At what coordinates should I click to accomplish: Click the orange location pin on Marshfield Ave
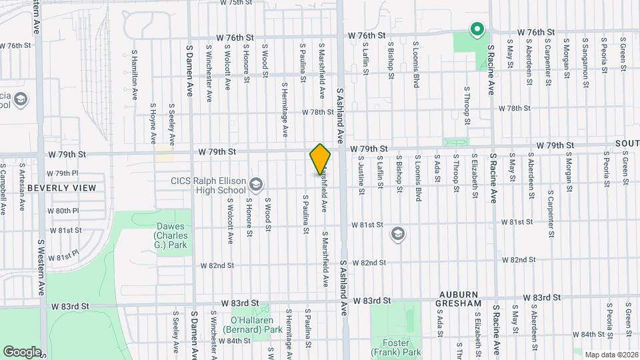pos(320,159)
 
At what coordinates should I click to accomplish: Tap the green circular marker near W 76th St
pos(477,29)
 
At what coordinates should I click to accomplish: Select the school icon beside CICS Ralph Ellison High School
pos(256,184)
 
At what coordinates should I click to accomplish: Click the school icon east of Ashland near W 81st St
pos(398,233)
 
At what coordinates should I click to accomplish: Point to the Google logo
pos(21,351)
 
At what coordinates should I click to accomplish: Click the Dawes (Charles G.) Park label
pos(170,236)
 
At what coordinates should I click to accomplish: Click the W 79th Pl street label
pos(67,173)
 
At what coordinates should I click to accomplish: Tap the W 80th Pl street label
pos(67,211)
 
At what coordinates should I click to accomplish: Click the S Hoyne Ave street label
pos(153,124)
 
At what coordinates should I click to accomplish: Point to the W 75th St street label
pos(238,3)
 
